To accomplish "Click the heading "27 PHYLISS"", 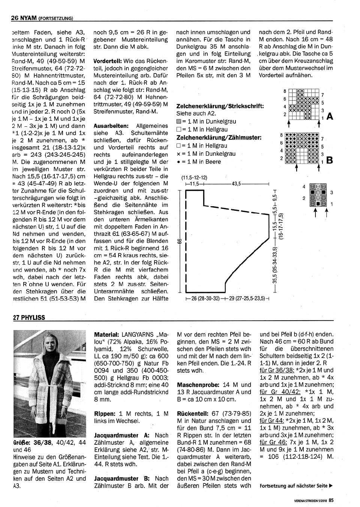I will click(x=29, y=318).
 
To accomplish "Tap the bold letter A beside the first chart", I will click(x=330, y=117).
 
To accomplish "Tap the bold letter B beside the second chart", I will click(x=330, y=160).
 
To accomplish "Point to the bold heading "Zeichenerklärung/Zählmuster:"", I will click(x=219, y=138).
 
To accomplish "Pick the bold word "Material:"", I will click(x=107, y=334).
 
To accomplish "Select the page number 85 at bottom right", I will click(x=331, y=499).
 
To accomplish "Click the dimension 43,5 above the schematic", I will click(x=237, y=184).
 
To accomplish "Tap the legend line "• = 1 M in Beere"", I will click(x=199, y=162).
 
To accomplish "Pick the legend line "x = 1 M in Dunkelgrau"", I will click(x=206, y=154).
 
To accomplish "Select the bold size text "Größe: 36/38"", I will click(x=34, y=442).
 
